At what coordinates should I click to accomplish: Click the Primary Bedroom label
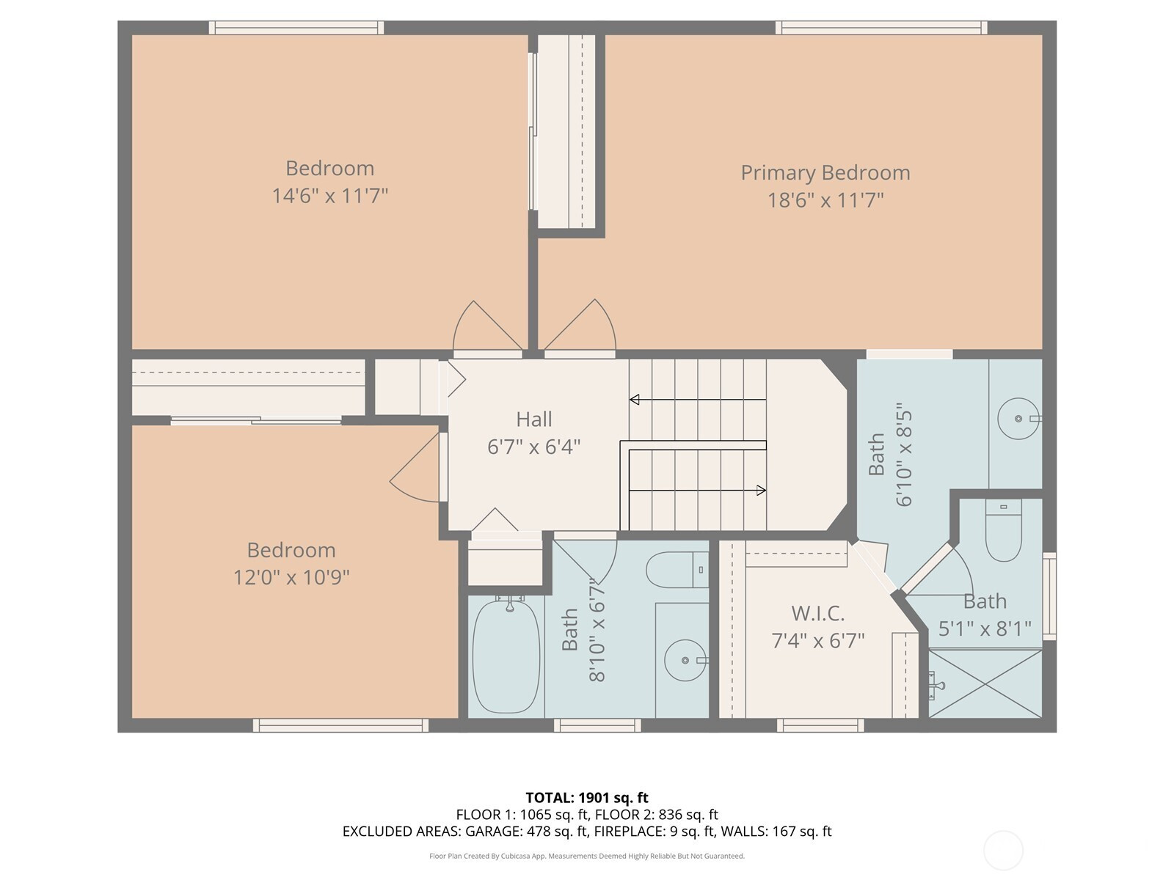click(x=825, y=172)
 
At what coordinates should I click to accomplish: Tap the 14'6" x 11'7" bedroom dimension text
click(x=330, y=196)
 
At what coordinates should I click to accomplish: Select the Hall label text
click(x=533, y=419)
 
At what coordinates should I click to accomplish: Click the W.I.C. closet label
click(x=818, y=613)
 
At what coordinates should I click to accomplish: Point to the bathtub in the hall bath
click(x=506, y=656)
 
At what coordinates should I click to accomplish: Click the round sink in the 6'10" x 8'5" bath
click(x=1018, y=418)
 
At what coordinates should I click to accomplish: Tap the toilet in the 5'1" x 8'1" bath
click(x=1003, y=530)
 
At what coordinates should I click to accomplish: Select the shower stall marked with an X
click(x=985, y=683)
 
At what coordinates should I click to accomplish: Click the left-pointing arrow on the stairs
click(x=698, y=399)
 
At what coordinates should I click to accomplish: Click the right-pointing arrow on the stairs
click(x=698, y=490)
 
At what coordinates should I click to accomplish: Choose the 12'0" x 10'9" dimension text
click(x=291, y=577)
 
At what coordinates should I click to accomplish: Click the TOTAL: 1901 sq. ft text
click(x=587, y=798)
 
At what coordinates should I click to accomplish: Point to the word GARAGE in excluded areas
click(x=493, y=832)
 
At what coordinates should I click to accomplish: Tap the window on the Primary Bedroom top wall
click(x=881, y=28)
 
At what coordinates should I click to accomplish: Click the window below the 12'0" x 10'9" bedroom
click(x=340, y=725)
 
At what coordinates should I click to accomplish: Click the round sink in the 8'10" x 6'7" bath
click(x=685, y=661)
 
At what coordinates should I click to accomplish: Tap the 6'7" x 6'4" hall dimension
click(x=533, y=447)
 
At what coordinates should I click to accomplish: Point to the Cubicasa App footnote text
click(x=587, y=856)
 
